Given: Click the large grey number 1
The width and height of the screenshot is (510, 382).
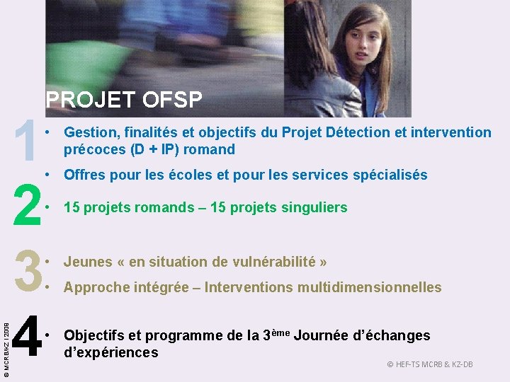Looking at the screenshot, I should [x=26, y=141].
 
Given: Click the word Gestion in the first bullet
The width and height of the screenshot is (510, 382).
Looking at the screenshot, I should [x=89, y=132].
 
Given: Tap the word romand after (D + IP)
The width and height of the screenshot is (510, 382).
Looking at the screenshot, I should [x=210, y=149].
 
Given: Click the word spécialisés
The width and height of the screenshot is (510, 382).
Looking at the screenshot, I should [x=389, y=175].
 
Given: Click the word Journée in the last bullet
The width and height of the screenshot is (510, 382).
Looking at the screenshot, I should [x=327, y=335].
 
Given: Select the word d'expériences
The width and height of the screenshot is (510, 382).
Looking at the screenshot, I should [x=110, y=352].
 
